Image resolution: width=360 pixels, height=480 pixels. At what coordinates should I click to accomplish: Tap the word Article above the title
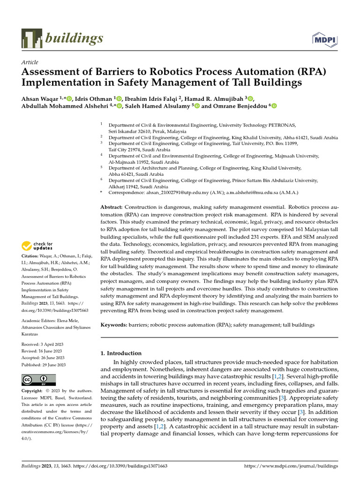coord(30,62)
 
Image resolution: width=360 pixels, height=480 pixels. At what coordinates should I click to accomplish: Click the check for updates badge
coord(37,245)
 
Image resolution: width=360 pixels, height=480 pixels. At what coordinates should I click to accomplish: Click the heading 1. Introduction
coord(121,353)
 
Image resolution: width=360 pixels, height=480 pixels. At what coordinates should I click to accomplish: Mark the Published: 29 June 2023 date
coord(44,365)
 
